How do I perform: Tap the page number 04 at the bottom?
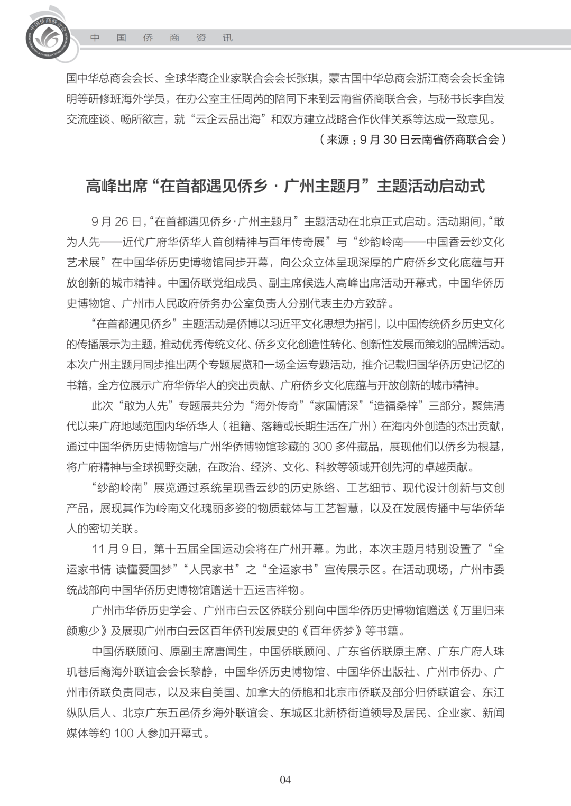[285, 780]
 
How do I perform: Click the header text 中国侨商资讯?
[161, 38]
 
